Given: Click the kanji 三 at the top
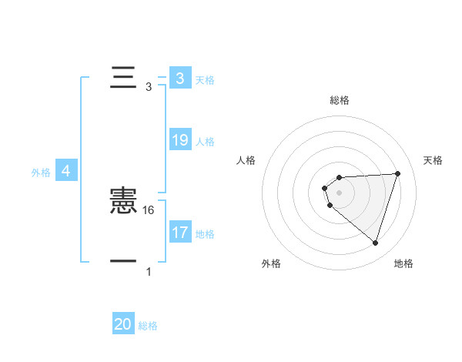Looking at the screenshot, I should [123, 78].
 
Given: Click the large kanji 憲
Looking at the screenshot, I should [123, 202].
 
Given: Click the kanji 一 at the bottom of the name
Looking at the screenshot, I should [123, 262].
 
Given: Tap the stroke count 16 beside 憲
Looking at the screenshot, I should [149, 209].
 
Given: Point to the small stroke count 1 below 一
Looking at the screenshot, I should [149, 272].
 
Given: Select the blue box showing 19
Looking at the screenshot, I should [180, 140].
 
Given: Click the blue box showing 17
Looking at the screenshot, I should [180, 232].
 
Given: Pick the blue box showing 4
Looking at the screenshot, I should [66, 171].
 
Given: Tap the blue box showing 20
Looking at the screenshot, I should [123, 324].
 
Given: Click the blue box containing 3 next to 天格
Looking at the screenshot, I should [180, 78].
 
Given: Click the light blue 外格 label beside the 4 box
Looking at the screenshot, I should [41, 173].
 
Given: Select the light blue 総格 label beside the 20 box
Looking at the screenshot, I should [148, 326].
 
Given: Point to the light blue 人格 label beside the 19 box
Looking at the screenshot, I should [205, 142].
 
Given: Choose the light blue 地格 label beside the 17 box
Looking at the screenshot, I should [205, 233].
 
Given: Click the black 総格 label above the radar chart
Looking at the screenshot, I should [340, 100].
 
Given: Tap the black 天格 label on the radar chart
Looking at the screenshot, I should [434, 160].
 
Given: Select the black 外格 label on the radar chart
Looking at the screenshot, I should [271, 263].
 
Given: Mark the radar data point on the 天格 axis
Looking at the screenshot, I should [397, 173].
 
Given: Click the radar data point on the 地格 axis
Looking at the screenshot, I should [375, 243].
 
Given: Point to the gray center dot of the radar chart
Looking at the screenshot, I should [340, 193].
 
